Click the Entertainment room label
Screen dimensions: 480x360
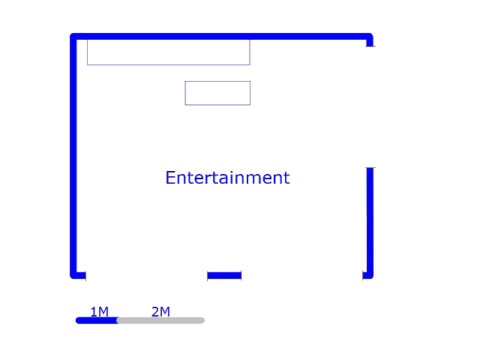(227, 178)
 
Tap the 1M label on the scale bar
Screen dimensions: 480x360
(100, 312)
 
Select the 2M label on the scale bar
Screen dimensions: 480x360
(160, 312)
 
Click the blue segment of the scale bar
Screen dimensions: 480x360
(97, 320)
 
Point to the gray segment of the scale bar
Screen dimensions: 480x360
(161, 320)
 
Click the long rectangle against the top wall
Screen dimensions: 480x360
(169, 52)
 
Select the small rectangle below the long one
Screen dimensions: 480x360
(217, 93)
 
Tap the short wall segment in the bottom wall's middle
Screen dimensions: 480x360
(224, 275)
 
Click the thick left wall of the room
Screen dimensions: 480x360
(73, 156)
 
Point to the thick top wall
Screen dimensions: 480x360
(221, 37)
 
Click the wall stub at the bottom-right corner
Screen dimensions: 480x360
(368, 275)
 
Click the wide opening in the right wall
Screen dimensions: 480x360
(370, 107)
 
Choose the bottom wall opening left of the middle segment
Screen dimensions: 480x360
(147, 275)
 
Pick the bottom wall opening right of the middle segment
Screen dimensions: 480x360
(301, 275)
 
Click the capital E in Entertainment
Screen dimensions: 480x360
(170, 178)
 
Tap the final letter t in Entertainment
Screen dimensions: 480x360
(286, 178)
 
